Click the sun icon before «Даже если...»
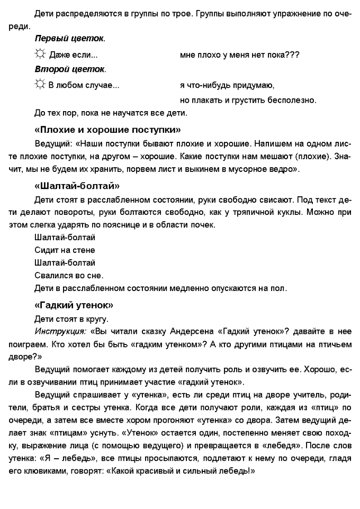(39, 54)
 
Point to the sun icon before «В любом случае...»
(39, 85)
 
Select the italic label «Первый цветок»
(70, 39)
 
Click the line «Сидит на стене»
(65, 250)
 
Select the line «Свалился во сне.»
(69, 276)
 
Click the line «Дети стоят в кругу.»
(71, 319)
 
